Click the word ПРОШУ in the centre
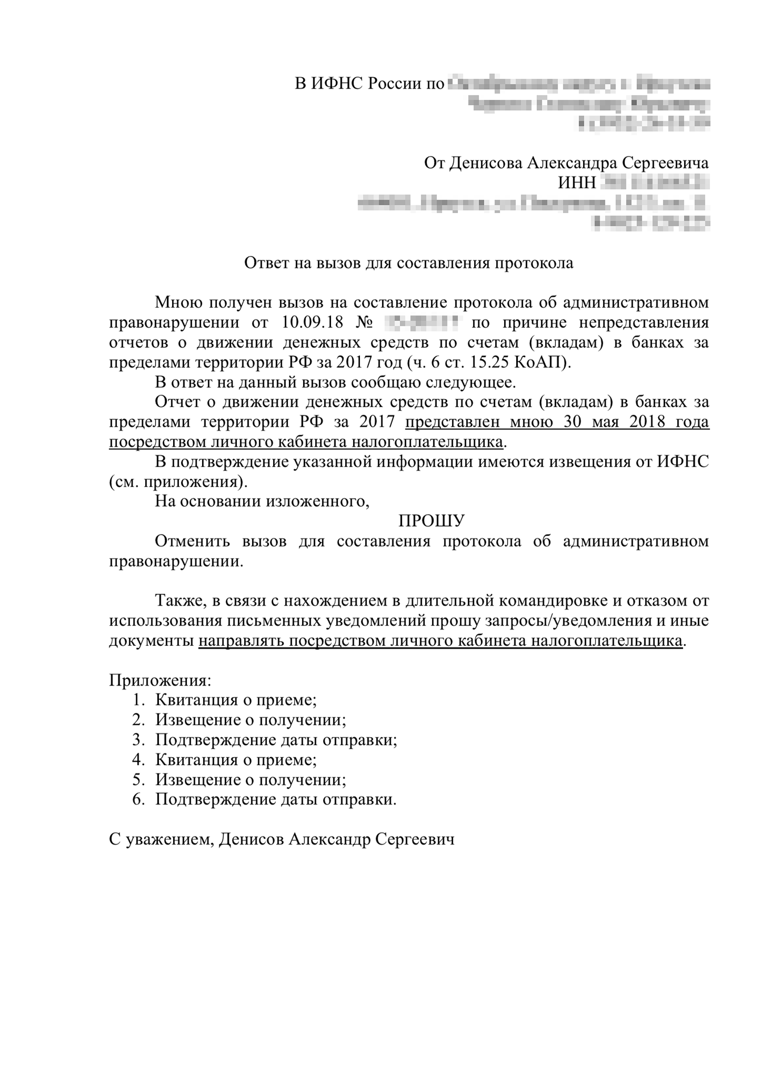[432, 521]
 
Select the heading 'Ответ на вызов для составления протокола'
[409, 263]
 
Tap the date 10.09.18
[312, 323]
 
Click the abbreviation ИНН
[577, 183]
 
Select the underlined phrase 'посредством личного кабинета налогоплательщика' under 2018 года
[305, 442]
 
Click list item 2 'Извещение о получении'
[250, 720]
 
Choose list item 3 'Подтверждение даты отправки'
[276, 740]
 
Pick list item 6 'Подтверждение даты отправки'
[276, 800]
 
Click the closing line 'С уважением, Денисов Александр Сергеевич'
[282, 839]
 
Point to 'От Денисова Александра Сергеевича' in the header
[566, 163]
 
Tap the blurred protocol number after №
[421, 323]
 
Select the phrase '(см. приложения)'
[178, 482]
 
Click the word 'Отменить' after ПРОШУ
[192, 541]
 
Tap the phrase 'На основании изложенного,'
[262, 502]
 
